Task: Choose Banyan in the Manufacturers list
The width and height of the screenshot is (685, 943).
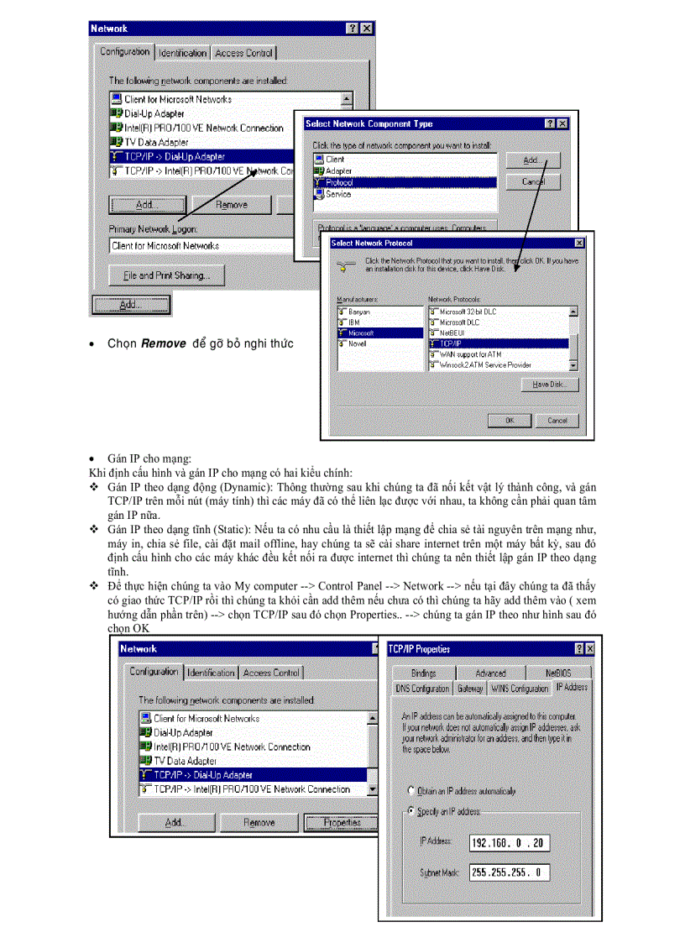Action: pos(358,312)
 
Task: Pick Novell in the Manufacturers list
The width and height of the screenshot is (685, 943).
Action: pos(357,343)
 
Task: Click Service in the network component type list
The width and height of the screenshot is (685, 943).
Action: pos(337,194)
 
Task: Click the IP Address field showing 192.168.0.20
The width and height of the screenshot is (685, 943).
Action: pos(510,842)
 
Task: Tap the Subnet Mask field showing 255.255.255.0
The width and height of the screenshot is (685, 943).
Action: pos(510,872)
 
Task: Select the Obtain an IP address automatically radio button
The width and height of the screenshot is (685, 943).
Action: pos(411,791)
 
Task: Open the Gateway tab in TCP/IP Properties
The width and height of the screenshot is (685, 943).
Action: pos(469,689)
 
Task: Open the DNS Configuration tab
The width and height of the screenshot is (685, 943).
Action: pos(423,689)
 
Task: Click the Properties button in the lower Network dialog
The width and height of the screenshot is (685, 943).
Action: pos(342,823)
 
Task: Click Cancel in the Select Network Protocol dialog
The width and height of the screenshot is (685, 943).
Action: pos(557,420)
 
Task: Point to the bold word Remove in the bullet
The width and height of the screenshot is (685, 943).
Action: pos(163,343)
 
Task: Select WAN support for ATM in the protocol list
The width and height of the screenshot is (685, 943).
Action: pos(469,354)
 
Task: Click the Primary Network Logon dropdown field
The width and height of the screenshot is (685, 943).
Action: pos(201,246)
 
